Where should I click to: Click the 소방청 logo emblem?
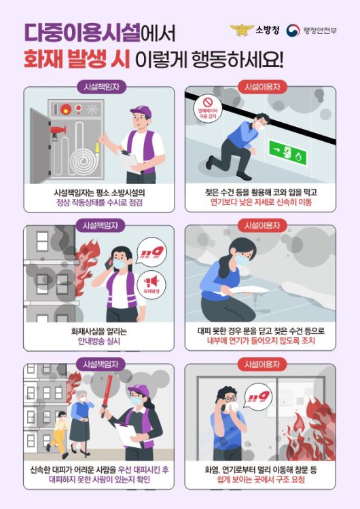pos(241,30)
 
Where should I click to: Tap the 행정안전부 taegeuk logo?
pos(293,31)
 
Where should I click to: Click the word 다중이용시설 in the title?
pos(82,33)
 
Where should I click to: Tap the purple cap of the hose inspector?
pos(142,112)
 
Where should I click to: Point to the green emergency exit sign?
pos(287,152)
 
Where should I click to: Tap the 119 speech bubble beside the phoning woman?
pos(151,252)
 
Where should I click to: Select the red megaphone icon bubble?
pos(151,284)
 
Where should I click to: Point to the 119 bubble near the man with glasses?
pos(258,398)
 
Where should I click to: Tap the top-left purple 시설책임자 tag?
pos(101,87)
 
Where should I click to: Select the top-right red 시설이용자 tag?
pos(262,87)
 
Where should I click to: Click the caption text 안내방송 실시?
pos(99,341)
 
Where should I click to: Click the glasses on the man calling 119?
pos(230,398)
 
